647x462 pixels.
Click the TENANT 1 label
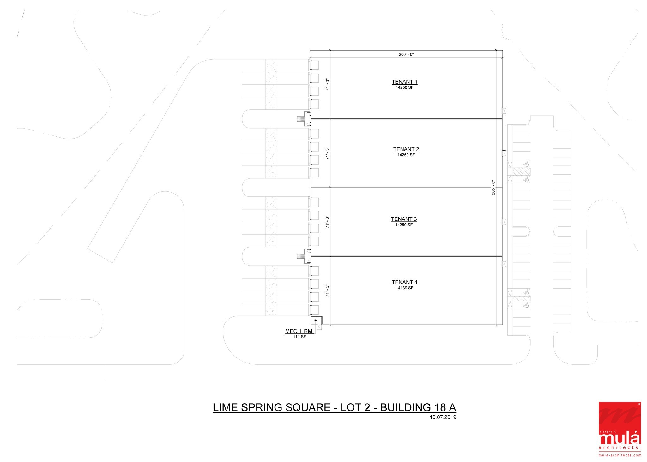[404, 82]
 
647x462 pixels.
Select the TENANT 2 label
[406, 149]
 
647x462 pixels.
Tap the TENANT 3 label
[404, 219]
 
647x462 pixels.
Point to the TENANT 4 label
[404, 282]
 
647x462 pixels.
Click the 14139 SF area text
[404, 288]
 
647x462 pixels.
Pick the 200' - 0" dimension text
[406, 55]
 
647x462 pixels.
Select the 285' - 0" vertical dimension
[493, 187]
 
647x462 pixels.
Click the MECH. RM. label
[299, 331]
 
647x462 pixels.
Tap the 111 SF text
[299, 337]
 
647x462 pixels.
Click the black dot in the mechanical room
[315, 321]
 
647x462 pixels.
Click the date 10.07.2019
[443, 417]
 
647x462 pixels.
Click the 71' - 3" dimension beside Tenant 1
[328, 85]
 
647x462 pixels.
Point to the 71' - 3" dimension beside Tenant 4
[328, 291]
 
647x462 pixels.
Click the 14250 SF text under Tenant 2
[406, 155]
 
